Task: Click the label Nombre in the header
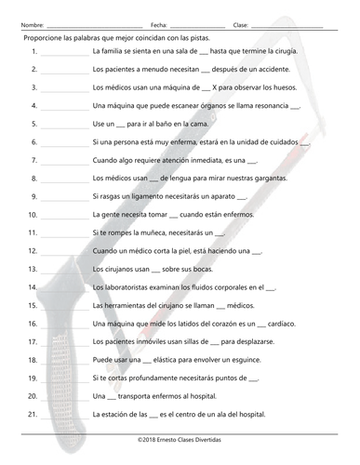point(32,24)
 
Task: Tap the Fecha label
point(158,24)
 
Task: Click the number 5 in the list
point(33,126)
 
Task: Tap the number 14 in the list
point(32,287)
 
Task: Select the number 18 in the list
point(32,359)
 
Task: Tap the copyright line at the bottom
point(180,437)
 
